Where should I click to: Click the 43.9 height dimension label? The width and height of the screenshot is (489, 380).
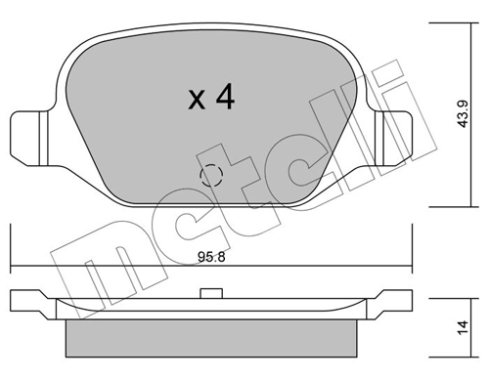click(x=463, y=113)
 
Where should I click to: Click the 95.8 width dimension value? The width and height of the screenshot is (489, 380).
click(x=211, y=257)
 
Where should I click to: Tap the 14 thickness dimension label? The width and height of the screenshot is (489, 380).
click(x=463, y=327)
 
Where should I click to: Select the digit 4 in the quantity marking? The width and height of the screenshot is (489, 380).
click(x=225, y=96)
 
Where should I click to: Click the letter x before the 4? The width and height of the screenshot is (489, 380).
click(x=197, y=100)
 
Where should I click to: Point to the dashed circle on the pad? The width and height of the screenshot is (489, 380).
click(x=211, y=175)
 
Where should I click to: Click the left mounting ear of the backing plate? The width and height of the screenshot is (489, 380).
click(x=29, y=139)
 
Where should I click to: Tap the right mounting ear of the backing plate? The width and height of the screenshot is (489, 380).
click(x=393, y=139)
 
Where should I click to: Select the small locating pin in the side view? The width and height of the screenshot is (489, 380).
click(x=211, y=293)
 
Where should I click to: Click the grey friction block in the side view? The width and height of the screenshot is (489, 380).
click(x=211, y=338)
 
